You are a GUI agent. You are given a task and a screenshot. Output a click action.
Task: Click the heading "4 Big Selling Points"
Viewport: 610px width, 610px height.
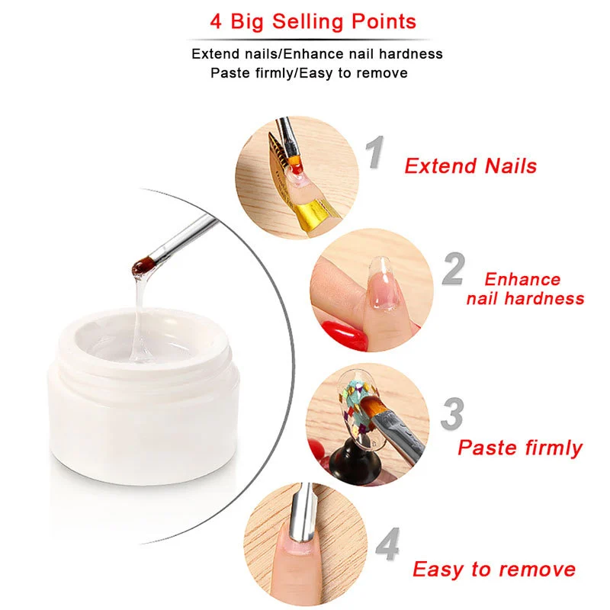point(313,21)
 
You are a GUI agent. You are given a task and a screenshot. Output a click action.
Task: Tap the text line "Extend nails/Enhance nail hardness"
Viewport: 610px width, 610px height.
point(316,54)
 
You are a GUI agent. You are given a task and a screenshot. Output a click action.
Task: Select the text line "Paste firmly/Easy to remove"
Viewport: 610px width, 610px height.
point(309,73)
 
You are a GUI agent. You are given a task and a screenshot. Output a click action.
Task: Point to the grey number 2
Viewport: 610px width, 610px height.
point(453,271)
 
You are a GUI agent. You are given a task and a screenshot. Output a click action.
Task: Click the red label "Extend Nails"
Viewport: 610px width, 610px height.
point(470,165)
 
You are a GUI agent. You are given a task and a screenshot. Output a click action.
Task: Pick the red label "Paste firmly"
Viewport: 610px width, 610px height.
point(519,447)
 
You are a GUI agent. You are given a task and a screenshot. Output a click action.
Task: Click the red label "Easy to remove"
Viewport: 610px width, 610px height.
point(494,569)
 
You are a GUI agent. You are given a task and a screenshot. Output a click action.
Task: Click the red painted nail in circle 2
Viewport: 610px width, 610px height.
point(343,333)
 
